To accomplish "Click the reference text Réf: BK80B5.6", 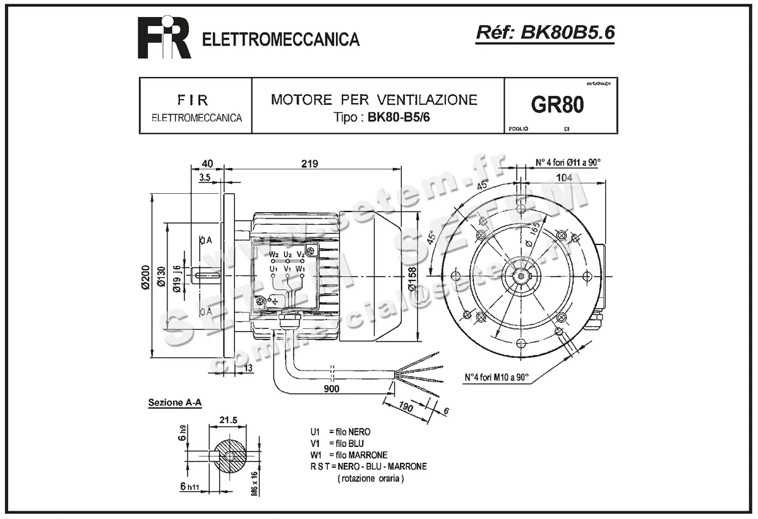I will [x=544, y=33].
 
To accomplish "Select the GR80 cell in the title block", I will [x=557, y=105].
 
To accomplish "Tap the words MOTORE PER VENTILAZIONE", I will [x=374, y=99].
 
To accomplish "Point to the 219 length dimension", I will [x=310, y=164].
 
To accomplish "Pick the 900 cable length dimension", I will [x=331, y=389].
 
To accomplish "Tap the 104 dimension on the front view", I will [x=564, y=178].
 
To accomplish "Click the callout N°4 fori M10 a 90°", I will [x=496, y=378].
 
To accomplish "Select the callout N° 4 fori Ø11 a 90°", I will [x=568, y=162].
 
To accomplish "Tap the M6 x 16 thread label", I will [x=254, y=484].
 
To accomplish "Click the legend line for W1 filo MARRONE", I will [x=349, y=455].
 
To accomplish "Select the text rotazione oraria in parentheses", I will [x=371, y=479].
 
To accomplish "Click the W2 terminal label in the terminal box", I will [x=274, y=254].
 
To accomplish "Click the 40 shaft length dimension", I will [x=207, y=164].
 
